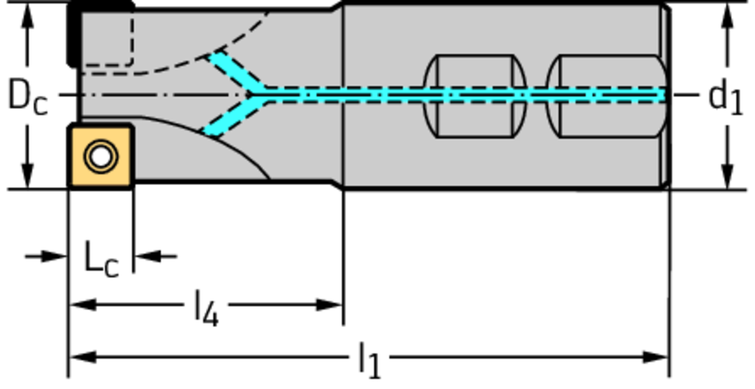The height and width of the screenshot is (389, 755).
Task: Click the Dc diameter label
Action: pyautogui.click(x=27, y=97)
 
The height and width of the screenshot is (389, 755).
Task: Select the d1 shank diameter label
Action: pyautogui.click(x=725, y=97)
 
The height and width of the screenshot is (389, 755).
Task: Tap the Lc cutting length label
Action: pyautogui.click(x=100, y=259)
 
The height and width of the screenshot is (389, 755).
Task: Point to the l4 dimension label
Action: pyautogui.click(x=206, y=309)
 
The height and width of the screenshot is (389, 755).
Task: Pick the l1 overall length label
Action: pyautogui.click(x=370, y=360)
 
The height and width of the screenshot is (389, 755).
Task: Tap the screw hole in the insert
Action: pyautogui.click(x=100, y=156)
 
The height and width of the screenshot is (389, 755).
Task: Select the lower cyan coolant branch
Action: pyautogui.click(x=230, y=119)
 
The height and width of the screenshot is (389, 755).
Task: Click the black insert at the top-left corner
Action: pyautogui.click(x=73, y=33)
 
